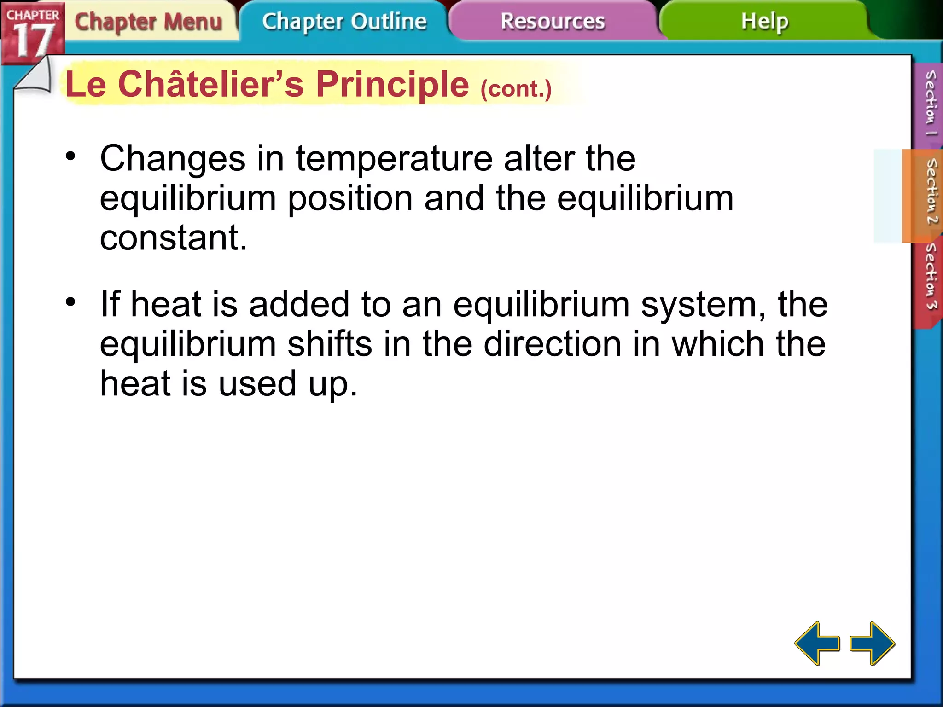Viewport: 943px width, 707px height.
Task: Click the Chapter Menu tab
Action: coord(148,22)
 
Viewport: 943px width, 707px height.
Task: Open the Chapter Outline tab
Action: coord(344,22)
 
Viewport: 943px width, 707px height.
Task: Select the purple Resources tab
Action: coord(553,22)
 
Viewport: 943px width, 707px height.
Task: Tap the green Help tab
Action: coord(764,22)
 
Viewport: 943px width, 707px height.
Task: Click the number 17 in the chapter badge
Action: coord(33,41)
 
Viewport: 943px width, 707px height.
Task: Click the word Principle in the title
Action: coord(392,85)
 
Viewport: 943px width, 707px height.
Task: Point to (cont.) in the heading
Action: coord(516,88)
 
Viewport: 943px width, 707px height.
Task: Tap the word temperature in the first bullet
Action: coord(394,159)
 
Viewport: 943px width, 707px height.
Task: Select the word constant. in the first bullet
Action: coord(174,238)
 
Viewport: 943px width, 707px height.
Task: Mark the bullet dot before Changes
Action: coord(70,156)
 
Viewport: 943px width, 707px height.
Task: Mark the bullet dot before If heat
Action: coord(70,302)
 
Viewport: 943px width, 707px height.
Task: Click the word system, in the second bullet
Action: coord(704,305)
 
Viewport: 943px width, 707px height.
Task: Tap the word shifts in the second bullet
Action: coord(330,344)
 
